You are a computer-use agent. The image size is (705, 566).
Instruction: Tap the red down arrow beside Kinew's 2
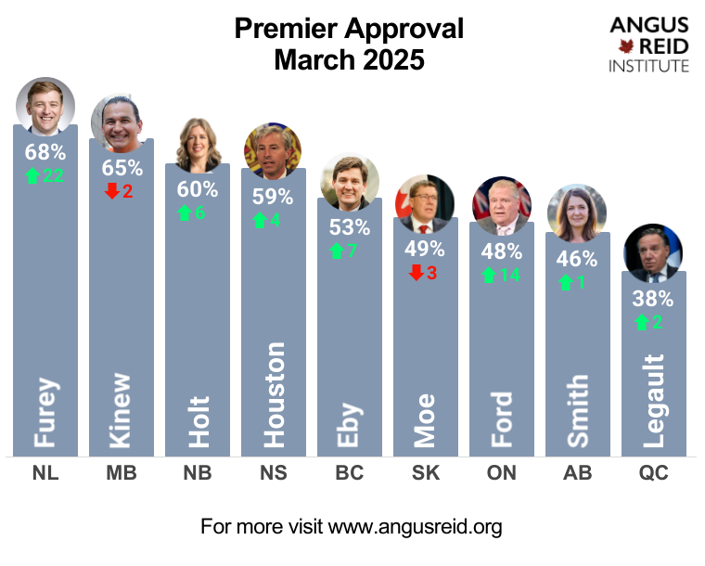112,191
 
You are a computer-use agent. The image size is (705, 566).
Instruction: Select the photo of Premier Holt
197,145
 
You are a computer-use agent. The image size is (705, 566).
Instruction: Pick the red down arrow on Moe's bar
417,272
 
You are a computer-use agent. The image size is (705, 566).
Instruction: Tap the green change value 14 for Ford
510,275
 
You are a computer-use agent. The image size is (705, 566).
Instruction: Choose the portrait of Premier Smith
577,212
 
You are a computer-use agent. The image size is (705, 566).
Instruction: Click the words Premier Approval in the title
349,29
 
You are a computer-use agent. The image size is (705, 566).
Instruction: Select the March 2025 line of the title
349,60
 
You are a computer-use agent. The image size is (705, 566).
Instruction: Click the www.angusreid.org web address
416,527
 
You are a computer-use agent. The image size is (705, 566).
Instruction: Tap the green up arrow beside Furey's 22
32,174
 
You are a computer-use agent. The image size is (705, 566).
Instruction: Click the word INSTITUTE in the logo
649,66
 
